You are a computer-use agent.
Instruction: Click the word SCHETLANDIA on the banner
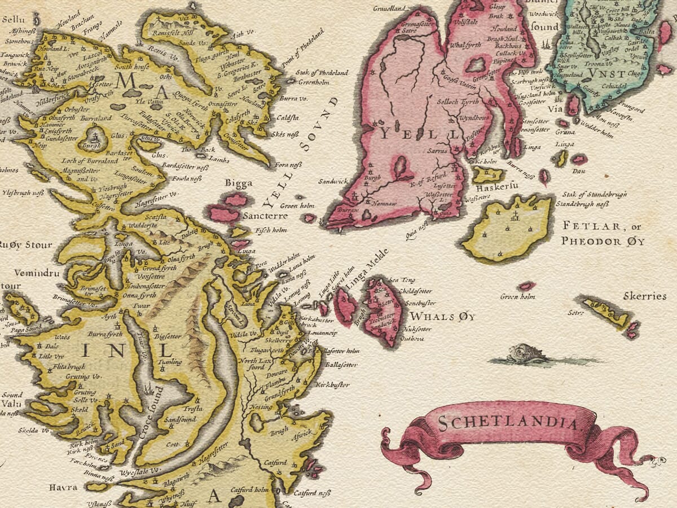click(x=508, y=423)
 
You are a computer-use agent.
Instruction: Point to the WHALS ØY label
click(x=442, y=317)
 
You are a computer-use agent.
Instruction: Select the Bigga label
click(x=239, y=183)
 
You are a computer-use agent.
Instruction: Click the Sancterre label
click(x=265, y=216)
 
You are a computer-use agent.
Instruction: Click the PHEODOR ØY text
click(x=603, y=241)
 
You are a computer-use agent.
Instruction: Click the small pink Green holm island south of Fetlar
click(x=527, y=286)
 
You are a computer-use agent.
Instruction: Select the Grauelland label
click(x=389, y=9)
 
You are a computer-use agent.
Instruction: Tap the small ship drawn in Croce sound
click(x=148, y=389)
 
